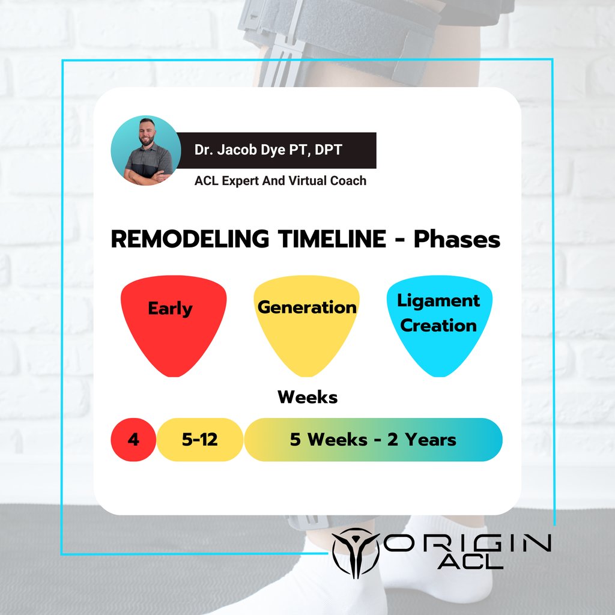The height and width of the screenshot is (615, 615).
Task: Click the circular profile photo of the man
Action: tap(146, 150)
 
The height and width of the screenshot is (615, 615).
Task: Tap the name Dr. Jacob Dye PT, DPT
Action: tap(268, 150)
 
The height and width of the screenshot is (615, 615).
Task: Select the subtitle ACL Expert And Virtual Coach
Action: tap(280, 180)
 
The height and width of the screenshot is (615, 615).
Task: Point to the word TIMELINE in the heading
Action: tap(329, 240)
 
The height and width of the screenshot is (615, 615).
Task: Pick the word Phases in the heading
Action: tap(456, 240)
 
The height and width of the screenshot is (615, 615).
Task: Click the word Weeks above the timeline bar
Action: tap(307, 397)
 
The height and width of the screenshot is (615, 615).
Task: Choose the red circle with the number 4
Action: tap(133, 440)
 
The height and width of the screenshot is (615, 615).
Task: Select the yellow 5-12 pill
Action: tap(200, 440)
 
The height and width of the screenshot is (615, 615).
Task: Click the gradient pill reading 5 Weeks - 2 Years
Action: tap(373, 440)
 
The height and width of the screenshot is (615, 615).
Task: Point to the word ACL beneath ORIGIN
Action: tap(470, 562)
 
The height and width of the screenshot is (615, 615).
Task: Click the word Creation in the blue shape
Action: tap(438, 326)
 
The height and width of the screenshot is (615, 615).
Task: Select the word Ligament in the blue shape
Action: tap(439, 300)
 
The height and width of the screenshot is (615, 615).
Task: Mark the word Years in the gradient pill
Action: tap(430, 440)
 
